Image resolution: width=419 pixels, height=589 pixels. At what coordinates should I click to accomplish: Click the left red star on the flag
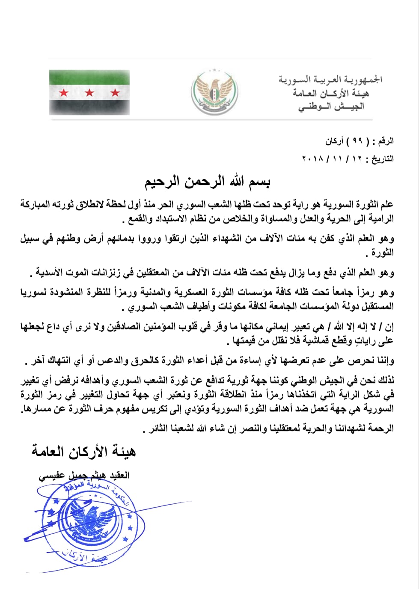coord(64,92)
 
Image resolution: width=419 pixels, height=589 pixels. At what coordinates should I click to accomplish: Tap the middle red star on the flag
coord(89,92)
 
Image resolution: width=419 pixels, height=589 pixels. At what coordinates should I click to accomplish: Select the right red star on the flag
coord(115,92)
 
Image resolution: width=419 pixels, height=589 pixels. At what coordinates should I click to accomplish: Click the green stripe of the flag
coord(89,77)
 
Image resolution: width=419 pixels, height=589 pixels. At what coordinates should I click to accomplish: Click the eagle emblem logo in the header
coord(214,92)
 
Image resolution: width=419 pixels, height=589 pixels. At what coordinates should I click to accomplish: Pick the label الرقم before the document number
coord(384,141)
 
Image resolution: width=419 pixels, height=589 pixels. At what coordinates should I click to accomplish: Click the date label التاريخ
coord(382,159)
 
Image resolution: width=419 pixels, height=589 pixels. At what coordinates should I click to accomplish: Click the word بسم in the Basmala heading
coord(259,182)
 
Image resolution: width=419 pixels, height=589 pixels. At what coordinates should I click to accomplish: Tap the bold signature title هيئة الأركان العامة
coord(83,451)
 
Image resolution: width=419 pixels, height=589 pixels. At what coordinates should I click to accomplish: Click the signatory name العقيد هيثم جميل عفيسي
coord(84,476)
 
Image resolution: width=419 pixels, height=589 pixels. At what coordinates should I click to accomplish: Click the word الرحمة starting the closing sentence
coord(380,428)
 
